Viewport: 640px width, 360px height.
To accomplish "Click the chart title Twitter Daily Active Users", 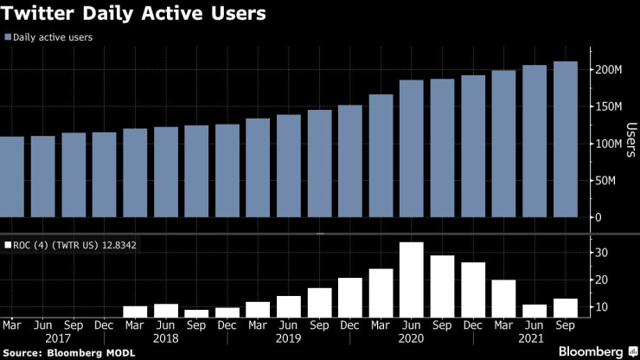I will pos(133,15).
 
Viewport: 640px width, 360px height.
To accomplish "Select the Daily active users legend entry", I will pos(53,37).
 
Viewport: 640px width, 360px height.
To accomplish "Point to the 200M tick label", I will pos(607,69).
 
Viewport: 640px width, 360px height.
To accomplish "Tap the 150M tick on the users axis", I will pos(607,106).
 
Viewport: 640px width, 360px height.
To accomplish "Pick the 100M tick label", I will pos(607,144).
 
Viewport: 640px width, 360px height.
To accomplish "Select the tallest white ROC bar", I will pos(412,280).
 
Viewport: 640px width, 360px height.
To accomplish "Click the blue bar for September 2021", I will pos(565,139).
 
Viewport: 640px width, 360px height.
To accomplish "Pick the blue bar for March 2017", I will pos(12,177).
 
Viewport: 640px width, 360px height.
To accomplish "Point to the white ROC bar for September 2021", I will pos(565,308).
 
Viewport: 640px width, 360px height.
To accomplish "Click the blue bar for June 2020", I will pos(412,148).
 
